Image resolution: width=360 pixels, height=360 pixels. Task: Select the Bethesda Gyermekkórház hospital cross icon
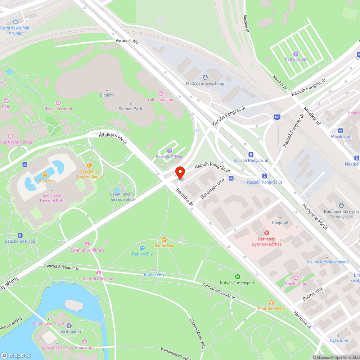click(267, 233)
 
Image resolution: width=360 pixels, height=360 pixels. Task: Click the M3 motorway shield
click(277, 117)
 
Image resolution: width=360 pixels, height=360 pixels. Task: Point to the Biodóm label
click(107, 95)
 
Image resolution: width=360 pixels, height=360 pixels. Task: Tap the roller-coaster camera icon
click(161, 94)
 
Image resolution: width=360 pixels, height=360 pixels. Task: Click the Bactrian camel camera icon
click(58, 103)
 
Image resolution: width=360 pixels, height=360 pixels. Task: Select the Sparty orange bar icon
click(45, 175)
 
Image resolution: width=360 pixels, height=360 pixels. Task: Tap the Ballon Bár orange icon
click(164, 240)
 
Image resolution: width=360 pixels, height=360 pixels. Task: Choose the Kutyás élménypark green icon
click(238, 276)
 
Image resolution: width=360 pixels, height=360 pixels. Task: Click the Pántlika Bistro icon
click(271, 303)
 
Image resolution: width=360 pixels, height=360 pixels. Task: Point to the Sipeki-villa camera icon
click(295, 278)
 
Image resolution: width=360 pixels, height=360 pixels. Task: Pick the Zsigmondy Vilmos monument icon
click(87, 244)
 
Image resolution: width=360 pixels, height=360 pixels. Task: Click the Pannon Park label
click(130, 109)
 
